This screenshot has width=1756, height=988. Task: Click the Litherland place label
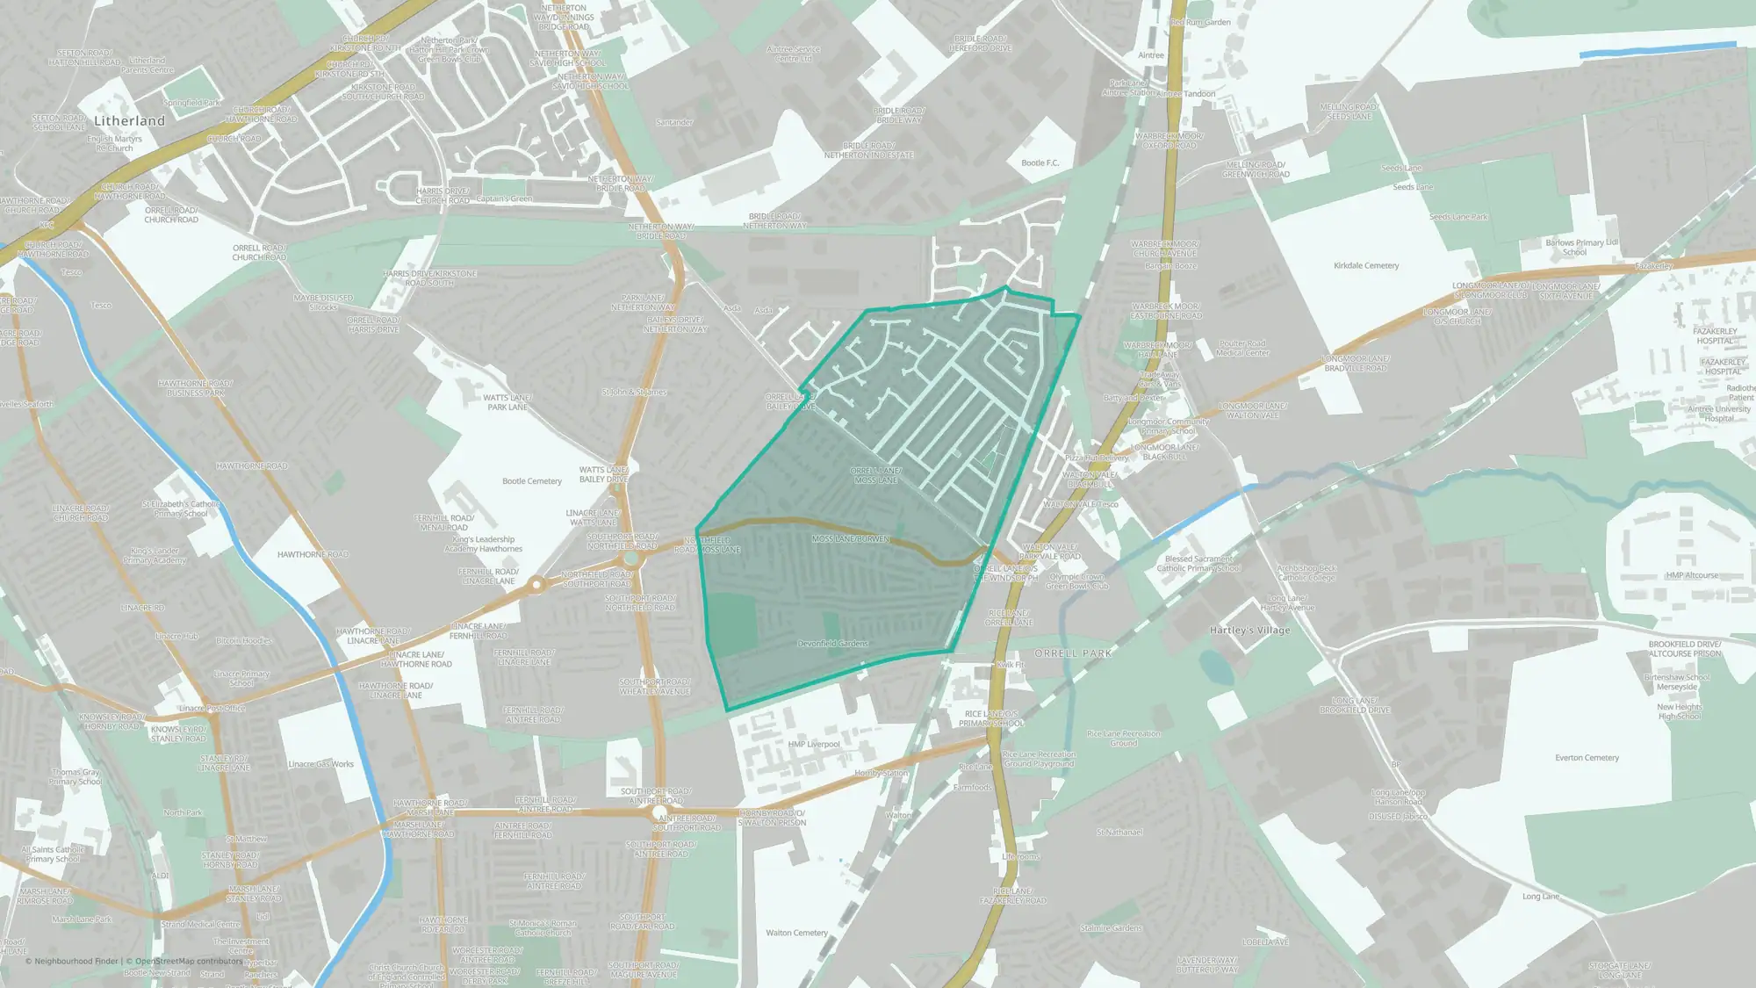(129, 121)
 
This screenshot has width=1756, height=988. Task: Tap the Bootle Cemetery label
(531, 481)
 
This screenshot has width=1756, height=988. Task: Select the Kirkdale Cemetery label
(1366, 266)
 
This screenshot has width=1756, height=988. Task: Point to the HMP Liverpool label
(814, 745)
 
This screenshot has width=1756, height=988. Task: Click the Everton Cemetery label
(1587, 758)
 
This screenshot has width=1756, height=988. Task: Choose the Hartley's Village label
(1249, 631)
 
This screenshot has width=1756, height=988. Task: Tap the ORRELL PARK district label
(1073, 654)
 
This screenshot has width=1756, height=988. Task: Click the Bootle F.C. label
(1040, 163)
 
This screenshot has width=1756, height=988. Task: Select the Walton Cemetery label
(796, 933)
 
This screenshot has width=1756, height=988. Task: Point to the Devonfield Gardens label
(832, 644)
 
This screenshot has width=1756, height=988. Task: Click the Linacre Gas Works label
(320, 764)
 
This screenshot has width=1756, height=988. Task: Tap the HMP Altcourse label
(1692, 576)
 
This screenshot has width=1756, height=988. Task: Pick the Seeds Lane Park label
(1458, 217)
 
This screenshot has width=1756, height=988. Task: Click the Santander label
(674, 123)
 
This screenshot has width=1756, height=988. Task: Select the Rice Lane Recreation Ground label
(1123, 739)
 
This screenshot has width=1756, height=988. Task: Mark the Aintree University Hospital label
(1718, 414)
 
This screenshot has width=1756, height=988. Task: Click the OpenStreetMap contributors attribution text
(189, 962)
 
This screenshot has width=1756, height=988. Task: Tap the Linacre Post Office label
(212, 709)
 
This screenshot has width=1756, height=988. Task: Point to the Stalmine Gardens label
(1111, 928)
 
